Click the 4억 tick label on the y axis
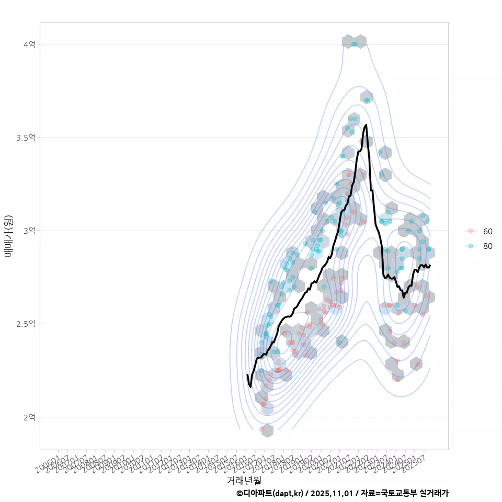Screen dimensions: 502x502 pos(29,44)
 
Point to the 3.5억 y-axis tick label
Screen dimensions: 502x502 pos(26,138)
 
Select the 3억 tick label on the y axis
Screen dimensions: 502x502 pos(29,231)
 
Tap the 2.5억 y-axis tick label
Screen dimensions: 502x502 pos(26,324)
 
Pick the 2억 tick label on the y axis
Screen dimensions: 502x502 pos(29,417)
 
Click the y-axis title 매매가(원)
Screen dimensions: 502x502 pos(8,236)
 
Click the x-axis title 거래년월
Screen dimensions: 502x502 pos(244,480)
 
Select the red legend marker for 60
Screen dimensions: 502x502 pos(471,231)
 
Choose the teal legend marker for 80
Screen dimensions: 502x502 pos(471,246)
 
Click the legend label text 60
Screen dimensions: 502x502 pos(488,231)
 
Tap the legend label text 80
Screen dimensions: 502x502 pos(488,246)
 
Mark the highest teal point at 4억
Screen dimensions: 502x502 pos(355,44)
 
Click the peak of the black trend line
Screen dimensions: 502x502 pos(366,125)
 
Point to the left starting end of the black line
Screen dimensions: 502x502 pos(247,375)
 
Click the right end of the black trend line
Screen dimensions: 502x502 pos(430,266)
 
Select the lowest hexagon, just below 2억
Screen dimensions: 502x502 pos(267,430)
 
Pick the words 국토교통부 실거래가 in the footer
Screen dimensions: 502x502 pos(414,493)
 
